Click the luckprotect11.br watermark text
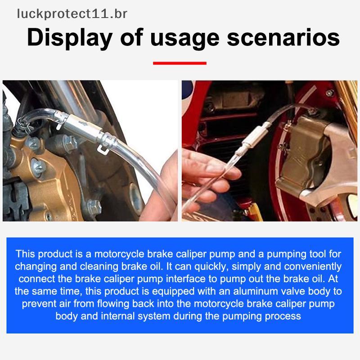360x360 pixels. pyautogui.click(x=72, y=14)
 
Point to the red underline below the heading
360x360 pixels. pyautogui.click(x=180, y=63)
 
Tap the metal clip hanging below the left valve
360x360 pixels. pyautogui.click(x=103, y=149)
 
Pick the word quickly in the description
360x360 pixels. pyautogui.click(x=209, y=267)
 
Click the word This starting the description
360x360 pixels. pyautogui.click(x=25, y=254)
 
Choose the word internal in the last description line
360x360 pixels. pyautogui.click(x=118, y=316)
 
